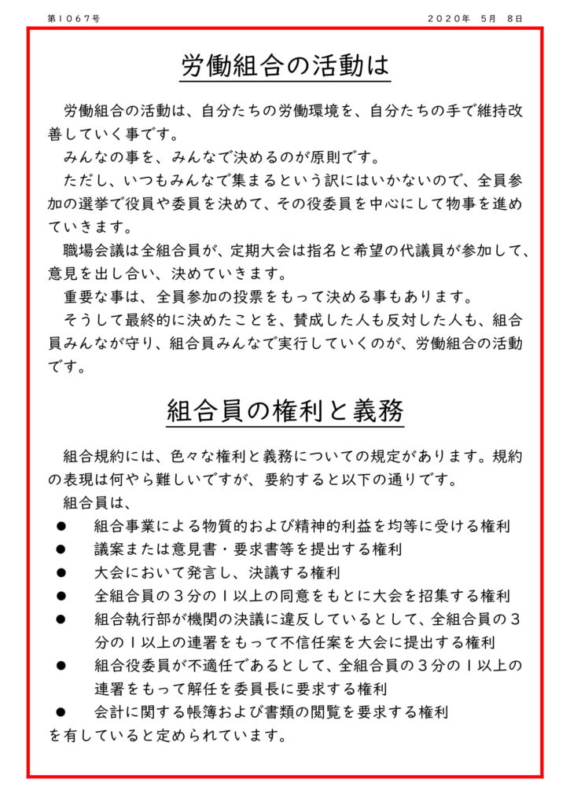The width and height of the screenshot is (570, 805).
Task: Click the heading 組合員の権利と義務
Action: point(285,410)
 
